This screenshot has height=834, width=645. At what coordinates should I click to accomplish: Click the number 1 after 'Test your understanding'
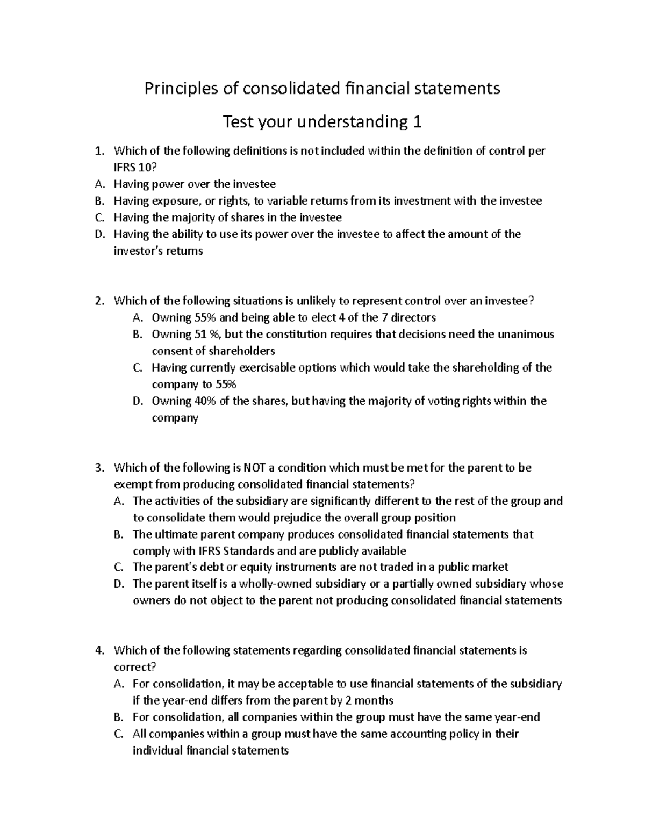point(417,123)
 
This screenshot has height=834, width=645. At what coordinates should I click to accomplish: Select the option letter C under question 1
point(98,217)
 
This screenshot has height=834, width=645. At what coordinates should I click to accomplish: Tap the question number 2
point(98,301)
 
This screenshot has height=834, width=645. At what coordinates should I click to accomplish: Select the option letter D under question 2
point(137,401)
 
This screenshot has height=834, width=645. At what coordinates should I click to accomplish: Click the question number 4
point(98,650)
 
